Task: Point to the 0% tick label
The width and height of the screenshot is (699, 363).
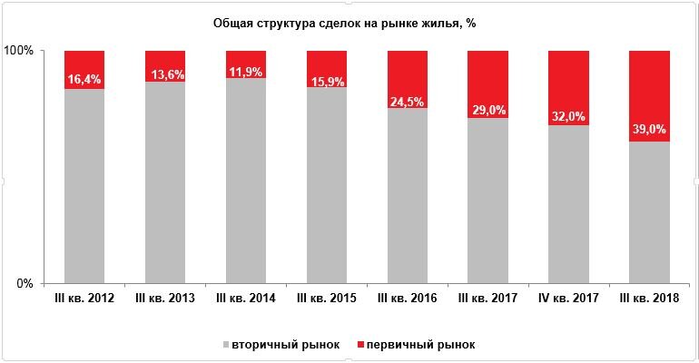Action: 25,283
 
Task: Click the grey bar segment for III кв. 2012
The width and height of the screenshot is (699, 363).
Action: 84,186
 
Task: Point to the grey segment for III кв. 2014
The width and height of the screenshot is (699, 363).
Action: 246,181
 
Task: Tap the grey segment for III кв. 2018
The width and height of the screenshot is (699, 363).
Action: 650,212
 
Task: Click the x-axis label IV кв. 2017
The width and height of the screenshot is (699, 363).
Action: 569,299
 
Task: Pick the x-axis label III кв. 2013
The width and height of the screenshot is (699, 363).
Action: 165,299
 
